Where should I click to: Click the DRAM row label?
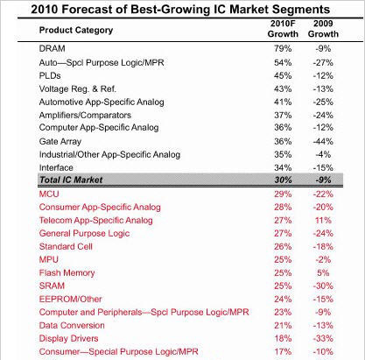click(x=52, y=48)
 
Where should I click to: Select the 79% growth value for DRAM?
click(x=283, y=48)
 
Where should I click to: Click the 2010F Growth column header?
click(x=283, y=29)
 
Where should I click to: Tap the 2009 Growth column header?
click(x=323, y=29)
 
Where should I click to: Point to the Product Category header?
click(x=76, y=30)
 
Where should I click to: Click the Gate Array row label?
click(x=60, y=142)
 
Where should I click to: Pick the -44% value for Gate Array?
click(x=323, y=142)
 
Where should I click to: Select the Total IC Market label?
click(x=71, y=180)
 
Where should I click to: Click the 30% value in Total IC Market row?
click(x=283, y=180)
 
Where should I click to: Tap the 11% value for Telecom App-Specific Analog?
click(x=323, y=220)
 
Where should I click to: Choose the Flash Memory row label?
click(x=67, y=273)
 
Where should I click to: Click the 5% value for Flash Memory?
click(x=323, y=273)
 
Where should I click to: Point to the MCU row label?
click(x=49, y=194)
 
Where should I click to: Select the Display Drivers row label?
click(x=68, y=339)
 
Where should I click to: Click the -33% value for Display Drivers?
click(x=323, y=339)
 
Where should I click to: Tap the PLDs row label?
click(x=50, y=76)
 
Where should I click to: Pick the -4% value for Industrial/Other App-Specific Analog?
click(x=323, y=155)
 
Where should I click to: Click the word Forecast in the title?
click(x=95, y=10)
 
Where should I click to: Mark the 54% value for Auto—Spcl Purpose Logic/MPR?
click(x=283, y=63)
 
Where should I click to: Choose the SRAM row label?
click(x=52, y=286)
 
